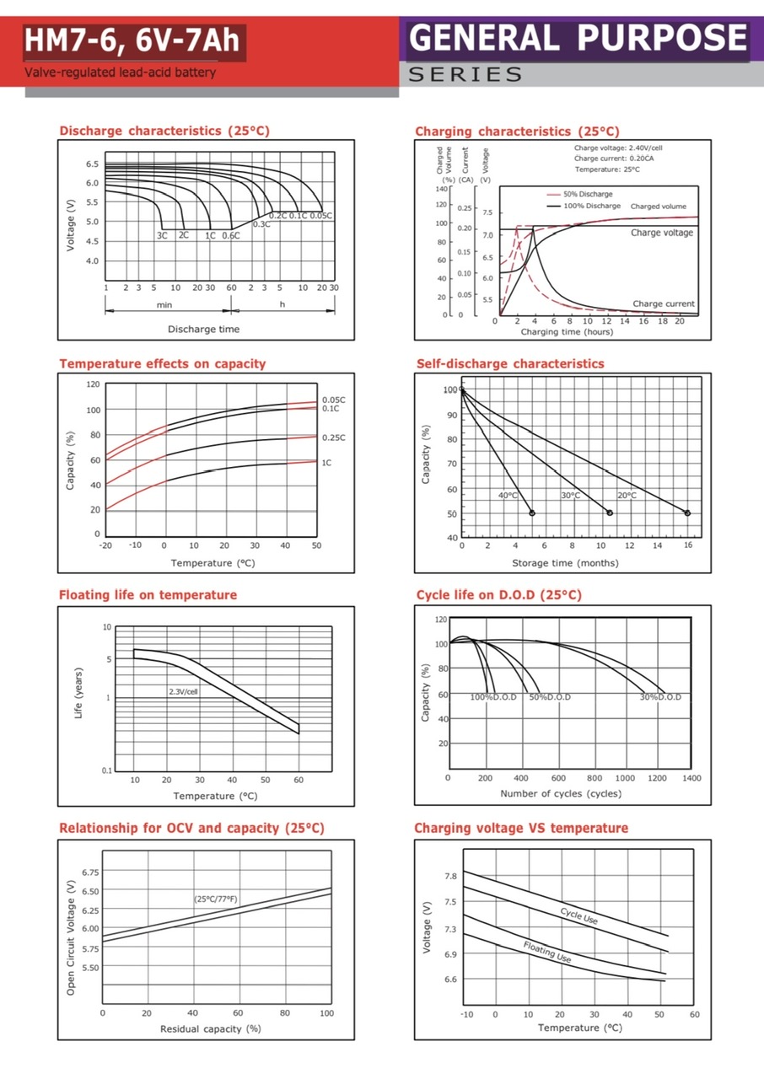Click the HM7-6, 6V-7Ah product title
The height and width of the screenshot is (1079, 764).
[x=132, y=40]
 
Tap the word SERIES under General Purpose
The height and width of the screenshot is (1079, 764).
[x=465, y=75]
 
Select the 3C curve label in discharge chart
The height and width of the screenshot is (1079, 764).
[x=162, y=235]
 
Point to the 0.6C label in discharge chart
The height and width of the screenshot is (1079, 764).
[x=231, y=235]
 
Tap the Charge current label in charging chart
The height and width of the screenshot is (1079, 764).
[x=664, y=303]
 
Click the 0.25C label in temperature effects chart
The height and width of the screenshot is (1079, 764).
[x=334, y=438]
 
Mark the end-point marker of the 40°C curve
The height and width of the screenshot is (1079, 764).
[x=532, y=513]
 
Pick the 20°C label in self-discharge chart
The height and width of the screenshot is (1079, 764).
[x=627, y=496]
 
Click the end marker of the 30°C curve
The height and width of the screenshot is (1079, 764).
[x=610, y=513]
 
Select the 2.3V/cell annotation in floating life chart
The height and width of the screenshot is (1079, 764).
[x=184, y=691]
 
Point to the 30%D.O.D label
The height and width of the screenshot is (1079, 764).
[x=660, y=697]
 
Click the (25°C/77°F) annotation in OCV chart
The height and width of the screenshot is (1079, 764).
[x=216, y=899]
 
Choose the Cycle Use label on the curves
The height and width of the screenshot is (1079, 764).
[x=578, y=915]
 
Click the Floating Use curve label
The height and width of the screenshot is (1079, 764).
[x=547, y=952]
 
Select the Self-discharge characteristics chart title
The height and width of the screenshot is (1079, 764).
[x=510, y=363]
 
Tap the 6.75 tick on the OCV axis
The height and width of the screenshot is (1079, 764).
[x=89, y=872]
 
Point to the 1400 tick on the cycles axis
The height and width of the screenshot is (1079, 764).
[x=691, y=778]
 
